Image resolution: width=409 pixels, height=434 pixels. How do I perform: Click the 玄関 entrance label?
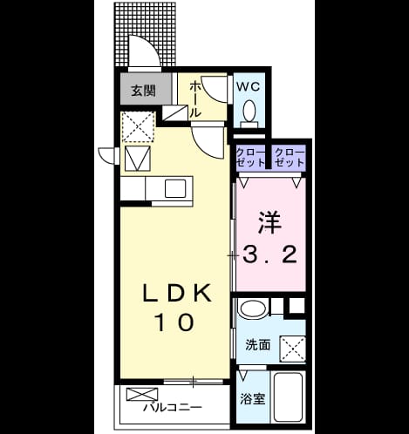click(143, 91)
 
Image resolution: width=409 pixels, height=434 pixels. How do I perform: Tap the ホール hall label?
click(194, 99)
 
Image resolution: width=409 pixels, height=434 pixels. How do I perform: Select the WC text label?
click(248, 86)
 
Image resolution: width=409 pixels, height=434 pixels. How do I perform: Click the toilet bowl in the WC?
click(249, 111)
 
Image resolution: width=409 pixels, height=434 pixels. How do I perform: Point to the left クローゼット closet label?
click(251, 158)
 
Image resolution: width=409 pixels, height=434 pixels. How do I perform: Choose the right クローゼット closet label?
click(290, 158)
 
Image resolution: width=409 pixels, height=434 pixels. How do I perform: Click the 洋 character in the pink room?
click(269, 222)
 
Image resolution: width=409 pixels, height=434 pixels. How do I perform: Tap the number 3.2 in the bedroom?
click(269, 254)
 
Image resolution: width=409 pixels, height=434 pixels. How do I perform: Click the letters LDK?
click(176, 293)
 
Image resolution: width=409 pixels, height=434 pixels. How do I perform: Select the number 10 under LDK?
click(175, 322)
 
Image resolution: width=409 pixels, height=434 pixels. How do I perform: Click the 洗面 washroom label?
click(258, 344)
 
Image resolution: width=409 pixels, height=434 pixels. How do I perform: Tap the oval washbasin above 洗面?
click(252, 309)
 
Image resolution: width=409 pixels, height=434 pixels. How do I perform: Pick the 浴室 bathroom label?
click(252, 399)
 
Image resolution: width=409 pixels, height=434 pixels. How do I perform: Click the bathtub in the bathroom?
click(289, 397)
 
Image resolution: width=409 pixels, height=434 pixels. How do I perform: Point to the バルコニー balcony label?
click(172, 407)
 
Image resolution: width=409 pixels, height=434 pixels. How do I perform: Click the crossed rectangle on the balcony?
click(142, 394)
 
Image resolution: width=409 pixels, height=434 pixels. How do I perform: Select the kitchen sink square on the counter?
click(175, 188)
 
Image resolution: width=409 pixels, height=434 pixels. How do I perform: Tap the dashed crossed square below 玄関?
click(138, 127)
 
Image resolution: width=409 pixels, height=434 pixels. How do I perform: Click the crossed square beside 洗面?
click(292, 349)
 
